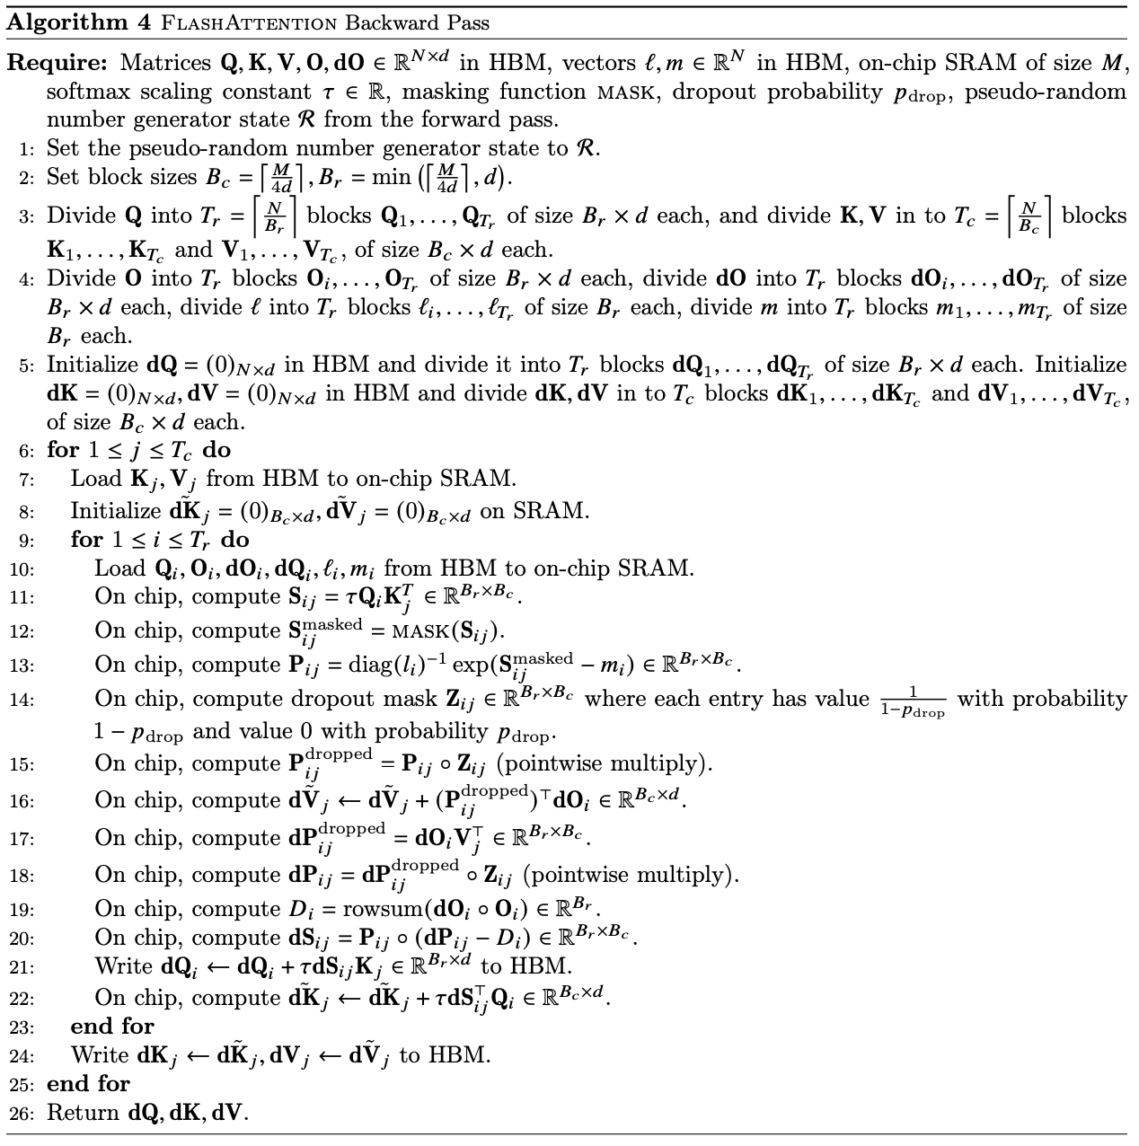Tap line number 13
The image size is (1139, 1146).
[23, 666]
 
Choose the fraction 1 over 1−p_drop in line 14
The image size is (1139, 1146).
[913, 701]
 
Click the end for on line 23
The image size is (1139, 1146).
[111, 1027]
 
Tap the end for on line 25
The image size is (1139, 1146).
[88, 1084]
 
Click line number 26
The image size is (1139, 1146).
[23, 1114]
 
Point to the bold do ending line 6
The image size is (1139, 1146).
[217, 450]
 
